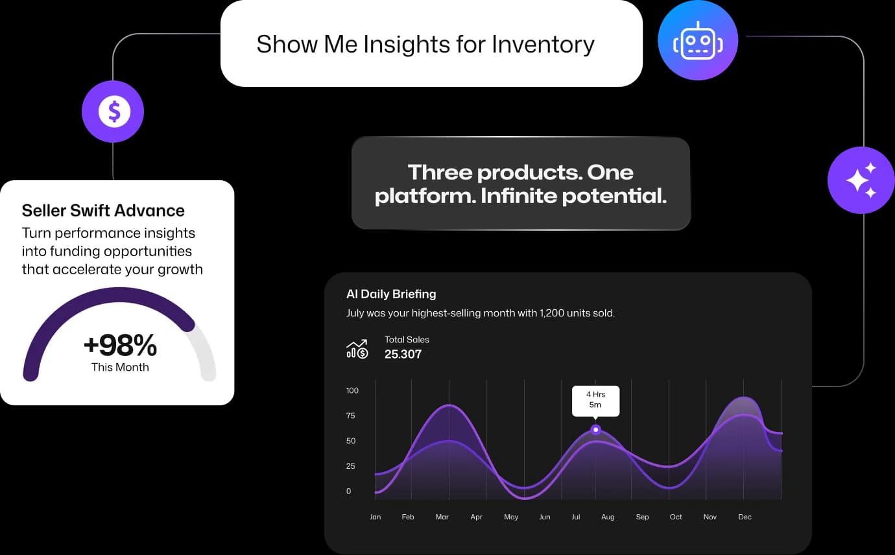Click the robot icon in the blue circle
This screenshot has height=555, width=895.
pos(698,41)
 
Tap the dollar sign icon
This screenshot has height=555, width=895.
pos(114,112)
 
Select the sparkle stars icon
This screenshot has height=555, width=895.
pos(861,180)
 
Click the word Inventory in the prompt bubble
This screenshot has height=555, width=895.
pos(543,44)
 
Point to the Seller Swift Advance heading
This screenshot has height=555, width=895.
pos(103,211)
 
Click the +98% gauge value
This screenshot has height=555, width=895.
pos(120,345)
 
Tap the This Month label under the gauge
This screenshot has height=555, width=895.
pos(120,367)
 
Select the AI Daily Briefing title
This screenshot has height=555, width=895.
pos(391,294)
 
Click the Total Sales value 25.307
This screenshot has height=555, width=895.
pos(403,354)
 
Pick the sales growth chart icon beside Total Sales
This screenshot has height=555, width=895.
pos(357,349)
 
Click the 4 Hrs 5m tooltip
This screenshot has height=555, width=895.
pos(596,401)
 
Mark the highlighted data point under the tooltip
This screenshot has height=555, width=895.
pos(596,430)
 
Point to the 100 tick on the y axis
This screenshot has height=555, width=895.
pos(352,390)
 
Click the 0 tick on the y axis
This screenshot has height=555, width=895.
pos(348,491)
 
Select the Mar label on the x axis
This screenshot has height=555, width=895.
pos(442,517)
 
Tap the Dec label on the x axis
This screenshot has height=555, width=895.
pos(745,517)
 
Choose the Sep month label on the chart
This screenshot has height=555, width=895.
pos(642,517)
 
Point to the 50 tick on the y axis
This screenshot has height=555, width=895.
pos(350,441)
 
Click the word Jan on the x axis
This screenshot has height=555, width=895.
pos(375,517)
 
